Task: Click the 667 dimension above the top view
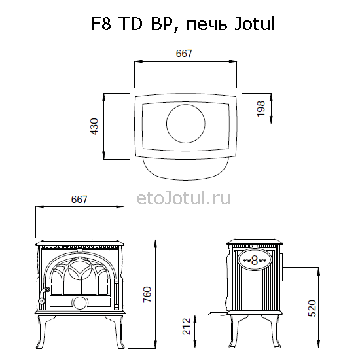(184, 54)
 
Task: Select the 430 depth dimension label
(94, 126)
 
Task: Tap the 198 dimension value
(261, 109)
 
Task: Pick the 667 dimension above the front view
(79, 199)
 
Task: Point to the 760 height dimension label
(166, 295)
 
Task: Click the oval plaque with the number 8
(255, 260)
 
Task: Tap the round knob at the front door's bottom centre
(79, 302)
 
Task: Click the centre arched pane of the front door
(79, 278)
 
